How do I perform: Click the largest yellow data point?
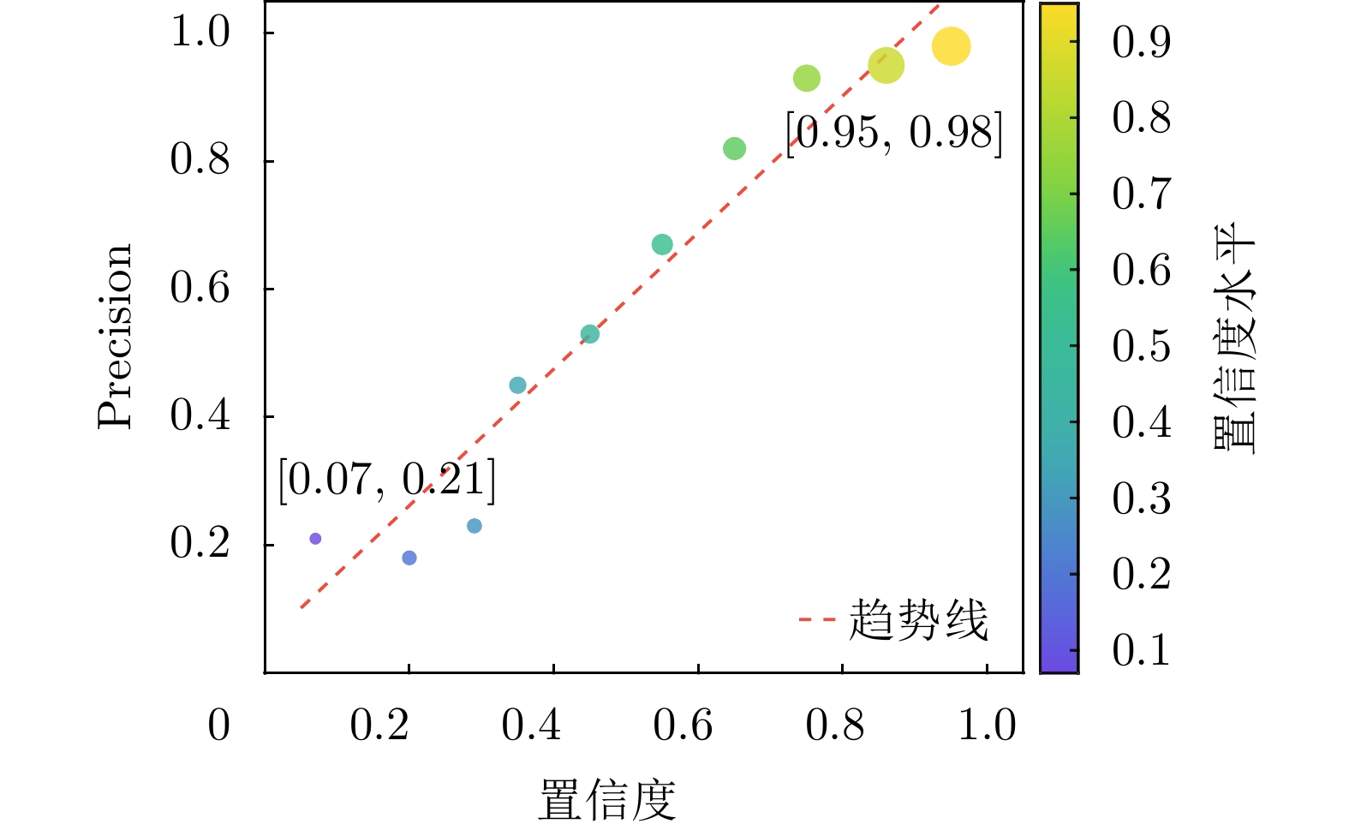click(x=951, y=46)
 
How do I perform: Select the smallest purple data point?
click(x=315, y=539)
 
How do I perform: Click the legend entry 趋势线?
click(x=917, y=619)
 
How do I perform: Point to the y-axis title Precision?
click(x=116, y=336)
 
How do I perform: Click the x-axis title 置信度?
click(x=606, y=798)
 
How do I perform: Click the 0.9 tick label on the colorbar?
click(x=1141, y=41)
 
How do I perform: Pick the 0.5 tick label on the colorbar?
click(x=1141, y=346)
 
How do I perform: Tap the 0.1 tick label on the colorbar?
click(x=1141, y=650)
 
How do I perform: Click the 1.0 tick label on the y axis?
click(x=200, y=33)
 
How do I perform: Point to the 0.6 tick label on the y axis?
click(x=200, y=288)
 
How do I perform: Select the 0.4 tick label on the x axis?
click(x=531, y=725)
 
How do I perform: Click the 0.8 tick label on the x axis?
click(x=834, y=725)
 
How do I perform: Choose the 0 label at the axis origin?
click(x=219, y=725)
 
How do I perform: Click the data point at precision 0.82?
click(x=734, y=149)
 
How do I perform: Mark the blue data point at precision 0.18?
click(x=409, y=558)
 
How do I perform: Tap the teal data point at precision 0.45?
click(x=517, y=385)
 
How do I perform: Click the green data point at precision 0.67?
click(x=662, y=245)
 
